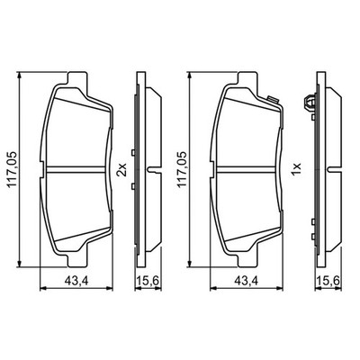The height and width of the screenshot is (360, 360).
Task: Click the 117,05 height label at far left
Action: [13, 170]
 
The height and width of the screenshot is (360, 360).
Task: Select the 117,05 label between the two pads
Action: [182, 170]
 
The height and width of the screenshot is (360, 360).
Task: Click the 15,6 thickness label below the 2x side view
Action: [148, 281]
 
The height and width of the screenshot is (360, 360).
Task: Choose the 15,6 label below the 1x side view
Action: [328, 281]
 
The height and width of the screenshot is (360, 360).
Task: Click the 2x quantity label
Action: [123, 170]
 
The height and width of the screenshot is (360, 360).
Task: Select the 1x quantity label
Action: [296, 170]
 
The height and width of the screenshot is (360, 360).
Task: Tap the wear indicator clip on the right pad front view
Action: [272, 99]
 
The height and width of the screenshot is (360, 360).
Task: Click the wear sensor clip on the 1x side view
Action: [310, 103]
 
